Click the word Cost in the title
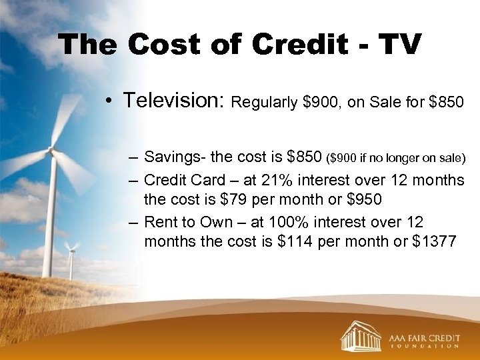(165, 45)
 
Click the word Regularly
(263, 103)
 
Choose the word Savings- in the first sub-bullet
(174, 157)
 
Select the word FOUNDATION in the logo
(424, 346)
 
